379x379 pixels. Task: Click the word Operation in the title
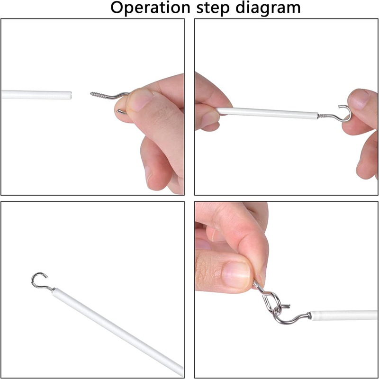(x=150, y=8)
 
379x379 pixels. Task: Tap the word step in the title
(x=213, y=9)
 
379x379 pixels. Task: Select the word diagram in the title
(x=268, y=9)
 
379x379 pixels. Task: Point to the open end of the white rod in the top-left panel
(x=70, y=96)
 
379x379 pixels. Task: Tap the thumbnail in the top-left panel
(x=140, y=100)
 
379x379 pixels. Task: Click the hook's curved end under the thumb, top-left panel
(x=121, y=111)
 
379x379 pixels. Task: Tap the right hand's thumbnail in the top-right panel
(x=359, y=99)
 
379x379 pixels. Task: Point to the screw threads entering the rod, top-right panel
(x=322, y=116)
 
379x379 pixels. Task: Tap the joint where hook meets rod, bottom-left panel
(x=53, y=289)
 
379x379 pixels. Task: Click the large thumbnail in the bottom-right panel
(x=236, y=275)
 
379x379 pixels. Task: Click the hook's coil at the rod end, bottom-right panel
(x=309, y=316)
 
